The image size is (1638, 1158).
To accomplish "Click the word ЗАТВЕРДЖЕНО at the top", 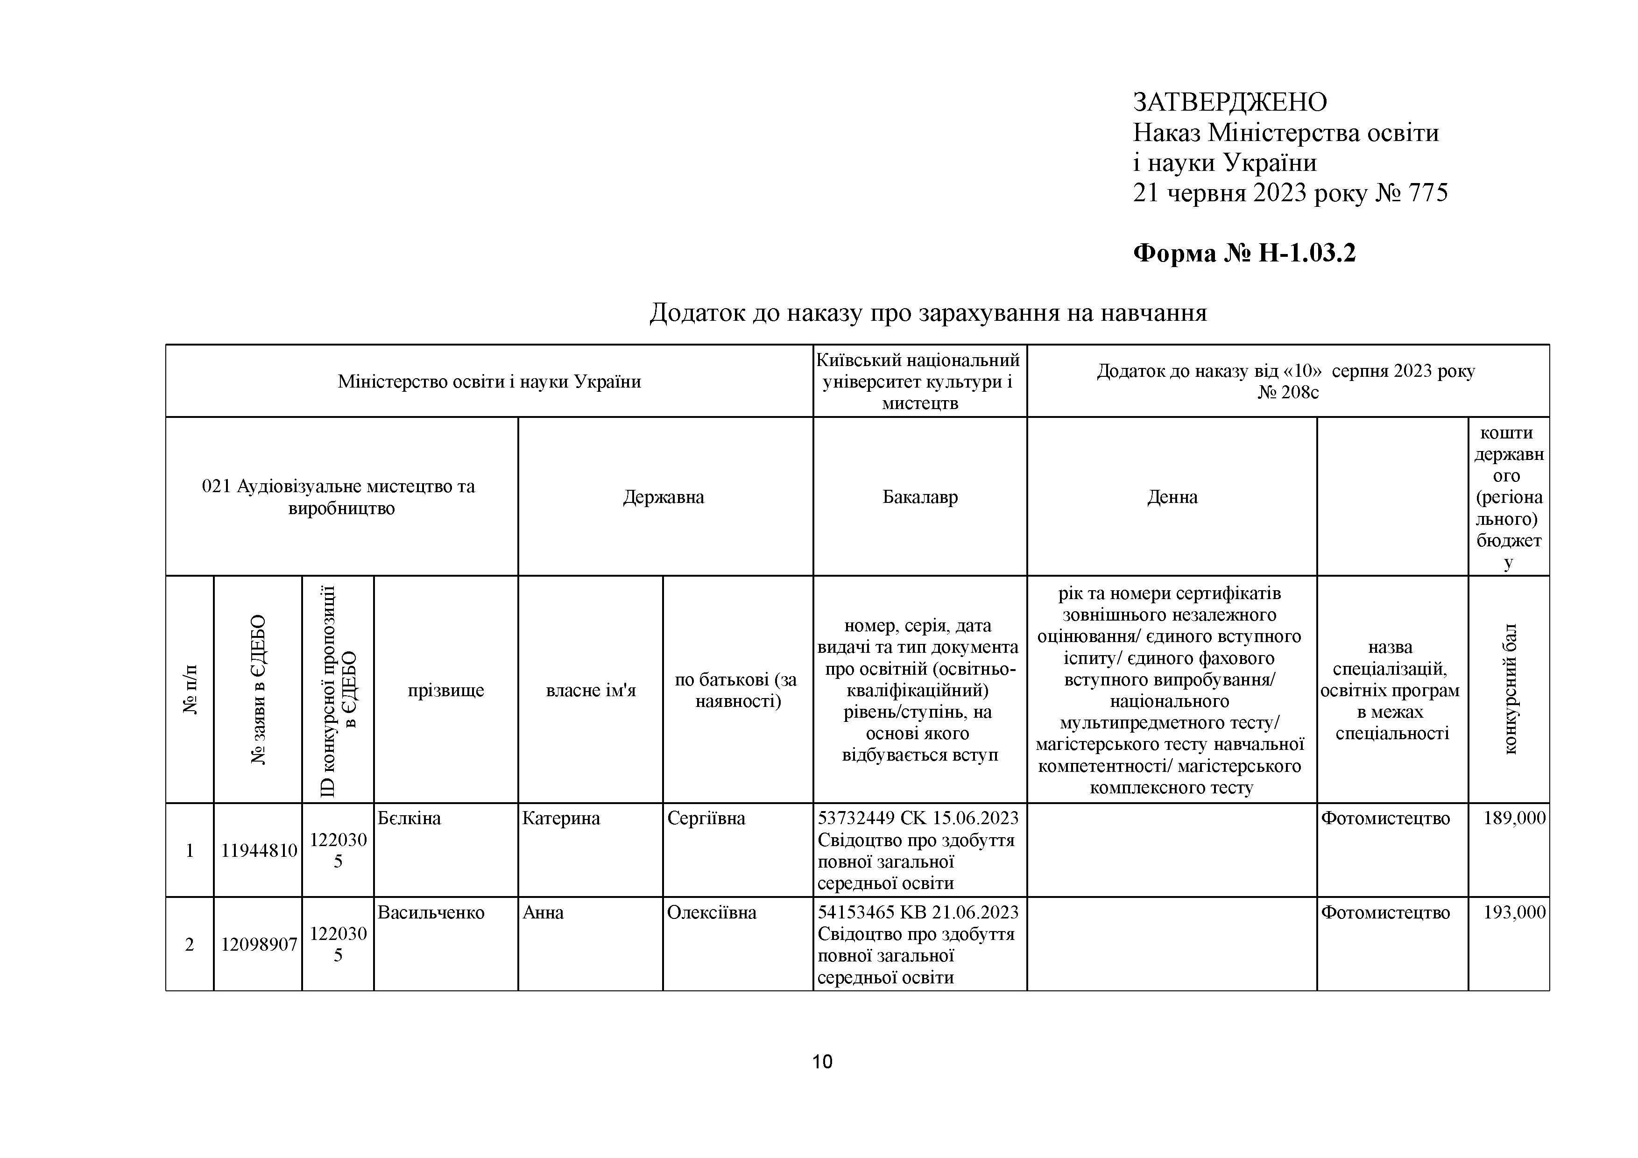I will tap(1230, 103).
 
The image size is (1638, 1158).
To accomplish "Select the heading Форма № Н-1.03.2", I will tap(1244, 253).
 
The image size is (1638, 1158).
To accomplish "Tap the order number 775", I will tap(1428, 193).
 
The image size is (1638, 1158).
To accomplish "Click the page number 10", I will tap(822, 1062).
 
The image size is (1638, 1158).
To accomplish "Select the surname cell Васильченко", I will tap(431, 912).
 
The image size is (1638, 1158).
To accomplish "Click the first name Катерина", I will tap(561, 819).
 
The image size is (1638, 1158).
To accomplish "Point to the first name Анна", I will tap(543, 912).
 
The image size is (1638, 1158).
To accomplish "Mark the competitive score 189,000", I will tap(1514, 819).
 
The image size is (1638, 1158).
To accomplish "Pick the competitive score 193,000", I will tap(1514, 912).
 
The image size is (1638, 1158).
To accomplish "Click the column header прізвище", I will tap(446, 690).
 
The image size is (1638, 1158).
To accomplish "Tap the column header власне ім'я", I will tap(591, 690).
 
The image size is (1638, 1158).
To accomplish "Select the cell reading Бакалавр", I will tap(919, 497).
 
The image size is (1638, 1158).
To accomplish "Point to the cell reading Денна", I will tap(1172, 497).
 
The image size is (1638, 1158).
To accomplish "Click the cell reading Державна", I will tap(664, 497).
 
